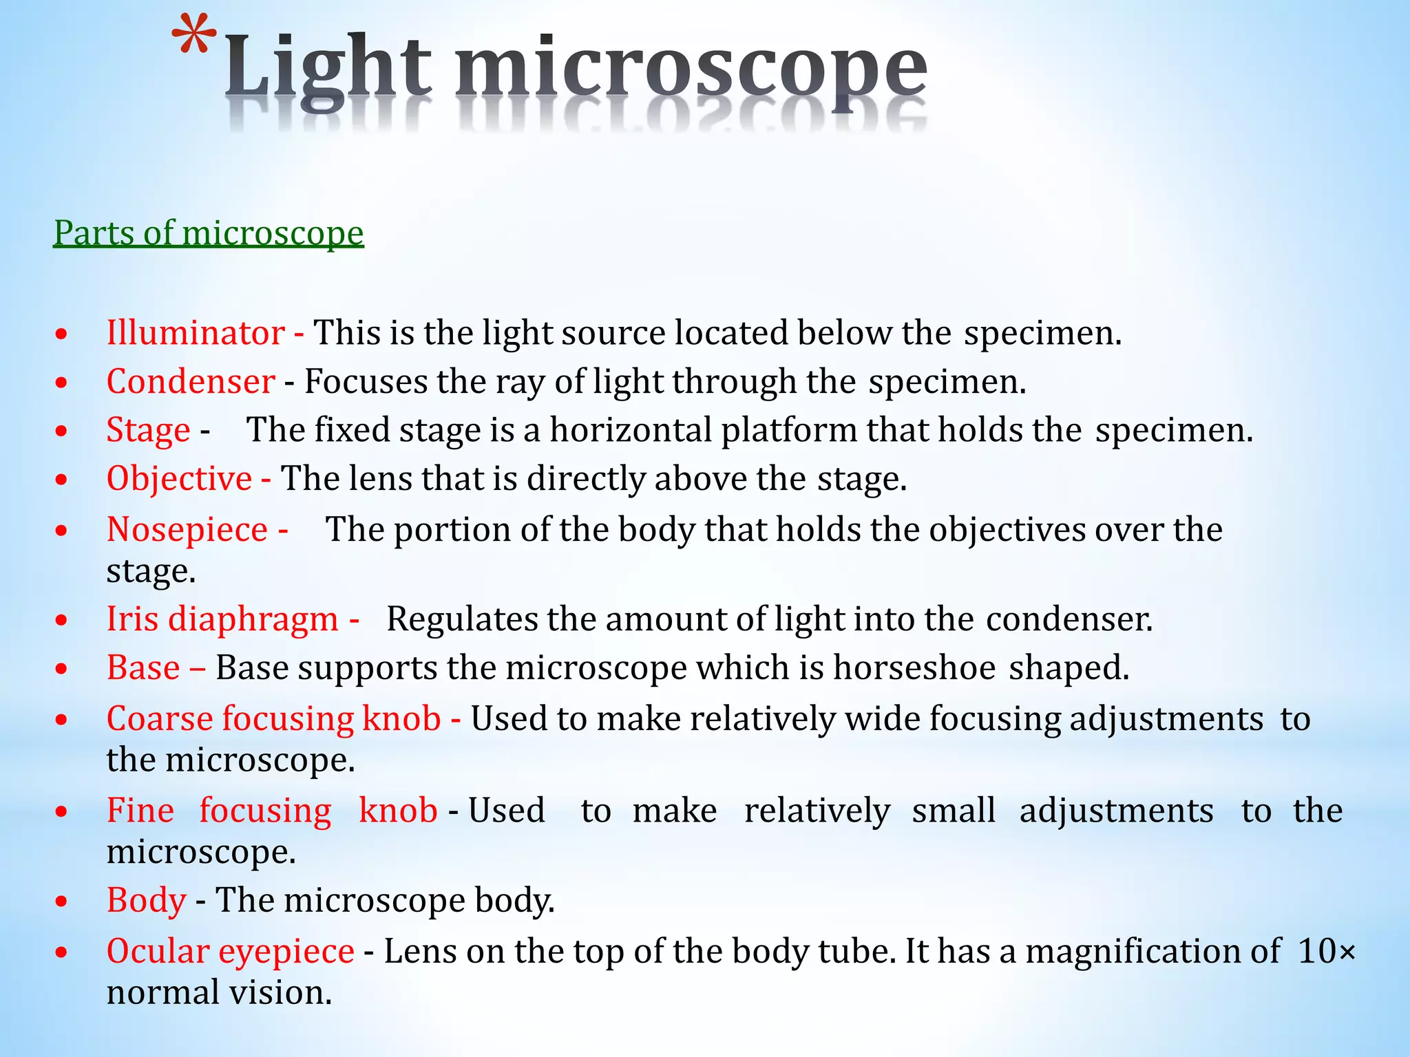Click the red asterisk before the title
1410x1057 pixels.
pos(193,37)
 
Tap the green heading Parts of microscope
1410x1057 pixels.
pos(209,233)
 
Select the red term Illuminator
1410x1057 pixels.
pos(196,333)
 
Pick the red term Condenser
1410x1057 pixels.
pos(191,382)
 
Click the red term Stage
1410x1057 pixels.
pos(148,431)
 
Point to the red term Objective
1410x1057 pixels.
pos(179,479)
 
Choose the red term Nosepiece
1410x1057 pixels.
pos(187,530)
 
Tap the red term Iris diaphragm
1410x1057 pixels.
pos(222,619)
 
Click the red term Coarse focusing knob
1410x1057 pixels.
pos(273,719)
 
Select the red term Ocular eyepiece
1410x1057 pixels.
pos(230,952)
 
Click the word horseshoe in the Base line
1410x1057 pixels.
pos(914,668)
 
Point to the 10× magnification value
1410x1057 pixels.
pos(1326,952)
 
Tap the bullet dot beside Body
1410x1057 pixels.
pos(62,901)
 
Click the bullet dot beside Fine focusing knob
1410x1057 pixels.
pos(62,812)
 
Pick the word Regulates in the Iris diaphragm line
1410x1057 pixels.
pos(462,619)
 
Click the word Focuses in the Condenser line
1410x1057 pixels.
pos(366,382)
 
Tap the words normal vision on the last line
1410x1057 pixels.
pos(219,993)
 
